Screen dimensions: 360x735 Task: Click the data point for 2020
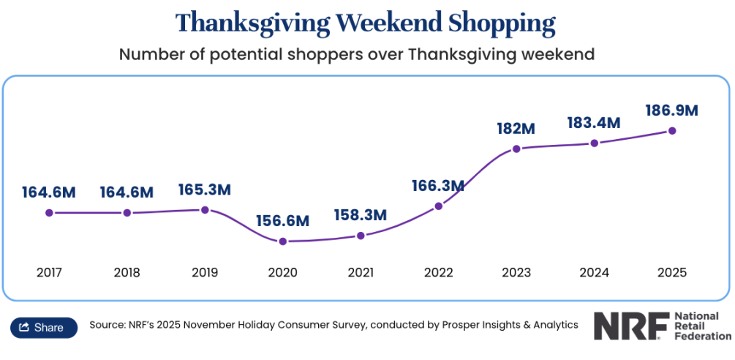(x=283, y=241)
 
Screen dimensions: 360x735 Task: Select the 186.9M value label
(x=671, y=111)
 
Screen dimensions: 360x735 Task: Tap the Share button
(x=43, y=327)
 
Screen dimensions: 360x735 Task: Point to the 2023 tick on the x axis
(x=516, y=273)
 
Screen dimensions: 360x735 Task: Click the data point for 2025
(x=672, y=131)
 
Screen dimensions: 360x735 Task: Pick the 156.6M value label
(x=283, y=221)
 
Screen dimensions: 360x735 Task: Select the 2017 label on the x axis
(x=49, y=273)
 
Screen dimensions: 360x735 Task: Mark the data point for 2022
(x=439, y=206)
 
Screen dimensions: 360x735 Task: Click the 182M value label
(x=516, y=128)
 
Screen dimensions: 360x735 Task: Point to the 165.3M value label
(x=205, y=190)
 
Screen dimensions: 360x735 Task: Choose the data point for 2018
(x=127, y=213)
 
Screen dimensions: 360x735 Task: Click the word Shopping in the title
(x=502, y=23)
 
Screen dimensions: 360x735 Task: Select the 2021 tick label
(x=361, y=273)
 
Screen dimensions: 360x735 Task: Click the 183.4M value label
(x=594, y=123)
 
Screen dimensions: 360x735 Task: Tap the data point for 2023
(x=516, y=149)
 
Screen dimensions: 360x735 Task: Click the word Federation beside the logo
(x=701, y=336)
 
